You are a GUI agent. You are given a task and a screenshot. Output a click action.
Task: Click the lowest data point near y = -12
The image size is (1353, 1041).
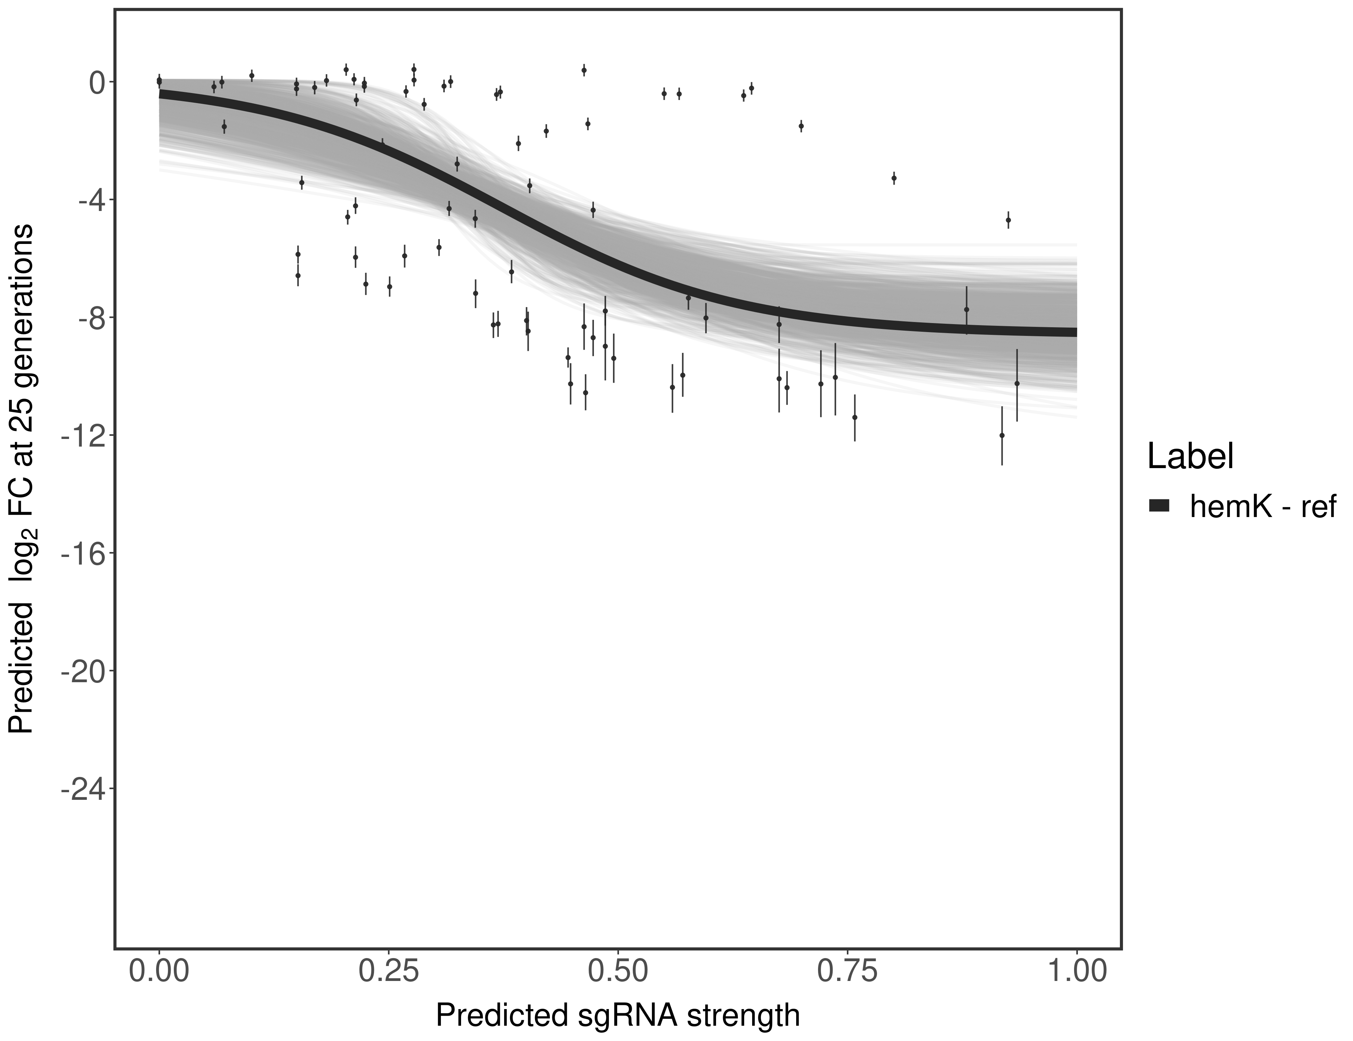click(x=1002, y=435)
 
